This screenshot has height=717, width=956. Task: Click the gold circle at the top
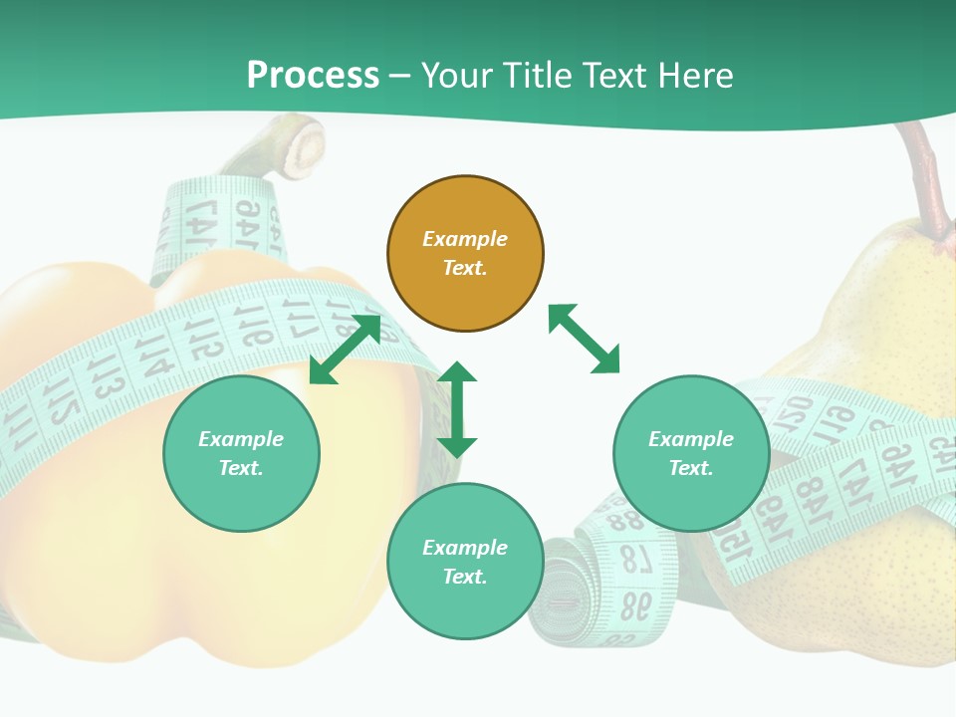(465, 253)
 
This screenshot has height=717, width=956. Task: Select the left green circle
(241, 453)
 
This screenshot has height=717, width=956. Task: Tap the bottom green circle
(465, 561)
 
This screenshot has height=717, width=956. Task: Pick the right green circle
(691, 453)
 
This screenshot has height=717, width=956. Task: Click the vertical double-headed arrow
(457, 409)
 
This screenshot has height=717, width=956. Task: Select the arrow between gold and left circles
(345, 350)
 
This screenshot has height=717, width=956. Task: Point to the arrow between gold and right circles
(584, 340)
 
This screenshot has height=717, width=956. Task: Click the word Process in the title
(313, 76)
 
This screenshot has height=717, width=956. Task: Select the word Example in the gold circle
(465, 239)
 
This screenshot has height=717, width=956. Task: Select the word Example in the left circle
(241, 439)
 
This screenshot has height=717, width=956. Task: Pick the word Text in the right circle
(688, 468)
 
